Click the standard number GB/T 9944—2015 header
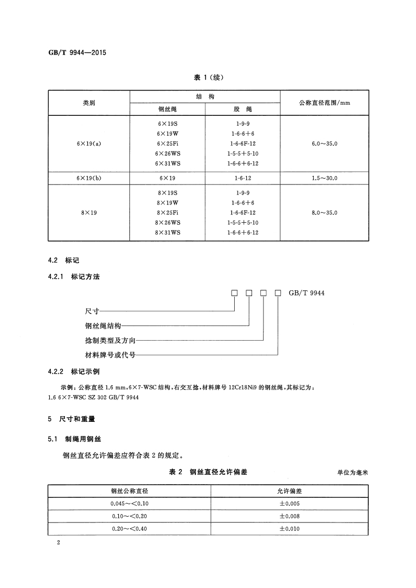coord(77,52)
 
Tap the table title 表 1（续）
coord(209,78)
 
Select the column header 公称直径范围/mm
coord(324,103)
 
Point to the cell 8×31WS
coord(168,233)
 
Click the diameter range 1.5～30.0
coord(324,178)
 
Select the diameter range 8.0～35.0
coord(324,213)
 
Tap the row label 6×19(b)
coord(89,178)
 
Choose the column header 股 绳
coord(243,110)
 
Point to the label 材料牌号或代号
coord(110,355)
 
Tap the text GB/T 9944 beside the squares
coord(306,293)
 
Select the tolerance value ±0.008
coord(289,516)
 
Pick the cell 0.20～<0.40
coord(129,529)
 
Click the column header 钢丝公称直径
coord(129,491)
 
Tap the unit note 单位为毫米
coord(353,473)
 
